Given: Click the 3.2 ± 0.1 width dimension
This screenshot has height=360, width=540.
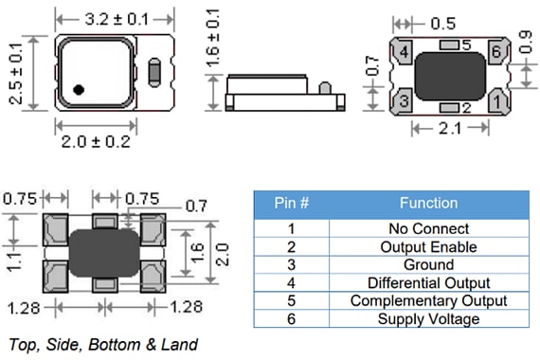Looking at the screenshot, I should pyautogui.click(x=116, y=17).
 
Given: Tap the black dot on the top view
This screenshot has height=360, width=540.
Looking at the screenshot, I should pyautogui.click(x=80, y=90).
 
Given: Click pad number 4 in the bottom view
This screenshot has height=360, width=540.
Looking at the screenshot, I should pyautogui.click(x=403, y=54).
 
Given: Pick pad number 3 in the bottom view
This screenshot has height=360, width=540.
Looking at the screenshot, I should pyautogui.click(x=403, y=99).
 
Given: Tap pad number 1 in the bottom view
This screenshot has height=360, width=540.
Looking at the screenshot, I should pyautogui.click(x=495, y=99).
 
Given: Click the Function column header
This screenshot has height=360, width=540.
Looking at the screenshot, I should pyautogui.click(x=428, y=203).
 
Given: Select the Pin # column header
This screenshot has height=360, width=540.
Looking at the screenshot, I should pyautogui.click(x=291, y=203).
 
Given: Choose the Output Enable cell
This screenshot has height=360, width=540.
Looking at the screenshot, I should pyautogui.click(x=428, y=246).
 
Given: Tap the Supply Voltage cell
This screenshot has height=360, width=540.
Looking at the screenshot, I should pyautogui.click(x=428, y=318).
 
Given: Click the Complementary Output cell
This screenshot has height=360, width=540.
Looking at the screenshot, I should pyautogui.click(x=428, y=300).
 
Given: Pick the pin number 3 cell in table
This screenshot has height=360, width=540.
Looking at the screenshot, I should pyautogui.click(x=291, y=264).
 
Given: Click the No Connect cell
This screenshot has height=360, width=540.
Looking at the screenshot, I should pyautogui.click(x=428, y=228).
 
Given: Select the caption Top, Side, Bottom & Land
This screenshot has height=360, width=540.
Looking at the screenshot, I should pyautogui.click(x=102, y=344).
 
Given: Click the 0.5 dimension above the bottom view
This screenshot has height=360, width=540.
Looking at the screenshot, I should pyautogui.click(x=442, y=21).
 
